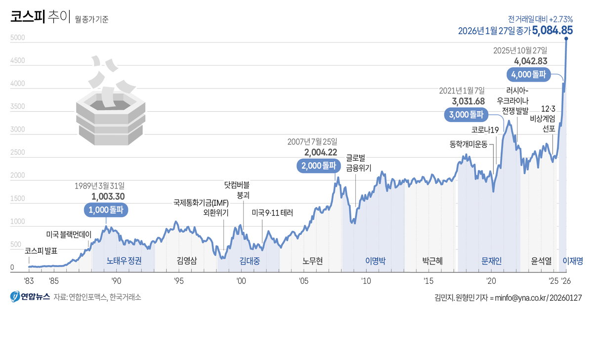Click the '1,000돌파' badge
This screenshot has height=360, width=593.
106,210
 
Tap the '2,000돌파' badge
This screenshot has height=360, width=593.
319,166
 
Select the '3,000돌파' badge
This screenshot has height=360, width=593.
466,115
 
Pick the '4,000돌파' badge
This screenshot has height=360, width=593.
529,75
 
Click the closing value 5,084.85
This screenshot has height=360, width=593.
552,30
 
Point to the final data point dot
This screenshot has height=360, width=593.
566,39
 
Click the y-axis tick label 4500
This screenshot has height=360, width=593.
17,60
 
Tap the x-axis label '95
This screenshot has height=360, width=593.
179,281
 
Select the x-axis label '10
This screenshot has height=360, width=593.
366,281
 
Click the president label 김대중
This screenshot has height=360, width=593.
250,261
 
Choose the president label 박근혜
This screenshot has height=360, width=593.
432,261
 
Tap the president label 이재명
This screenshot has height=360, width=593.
573,261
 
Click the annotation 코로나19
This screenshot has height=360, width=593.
485,130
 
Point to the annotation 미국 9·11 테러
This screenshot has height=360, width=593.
272,213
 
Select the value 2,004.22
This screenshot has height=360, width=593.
321,152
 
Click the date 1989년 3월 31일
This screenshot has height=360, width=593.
99,186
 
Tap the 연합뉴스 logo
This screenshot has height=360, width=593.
30,296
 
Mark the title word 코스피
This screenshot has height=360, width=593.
28,16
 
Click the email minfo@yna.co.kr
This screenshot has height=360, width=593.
520,298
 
